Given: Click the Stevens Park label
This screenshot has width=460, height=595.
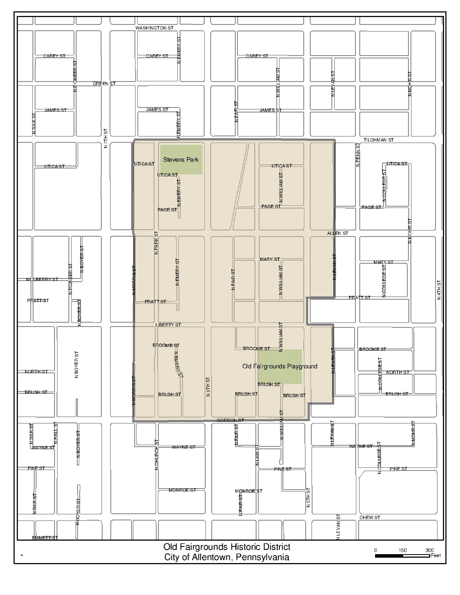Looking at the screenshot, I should point(181,160).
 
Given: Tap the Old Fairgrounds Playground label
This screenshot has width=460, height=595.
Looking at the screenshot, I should point(280,366).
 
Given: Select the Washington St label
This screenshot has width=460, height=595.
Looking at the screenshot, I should point(154,28).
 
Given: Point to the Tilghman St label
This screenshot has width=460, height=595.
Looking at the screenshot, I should point(378,140).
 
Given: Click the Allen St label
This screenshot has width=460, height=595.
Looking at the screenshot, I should point(337,233).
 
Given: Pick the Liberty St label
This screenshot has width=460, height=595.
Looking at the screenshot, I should point(168,325).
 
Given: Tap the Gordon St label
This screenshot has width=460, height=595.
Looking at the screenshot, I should point(230,420).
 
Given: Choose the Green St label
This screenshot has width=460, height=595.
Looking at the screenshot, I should point(104,84).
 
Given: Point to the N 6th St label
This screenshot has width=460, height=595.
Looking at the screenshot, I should point(208,386).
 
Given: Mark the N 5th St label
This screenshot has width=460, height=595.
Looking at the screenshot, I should point(308,497).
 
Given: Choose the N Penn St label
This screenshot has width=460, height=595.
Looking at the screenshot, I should point(358,155).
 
